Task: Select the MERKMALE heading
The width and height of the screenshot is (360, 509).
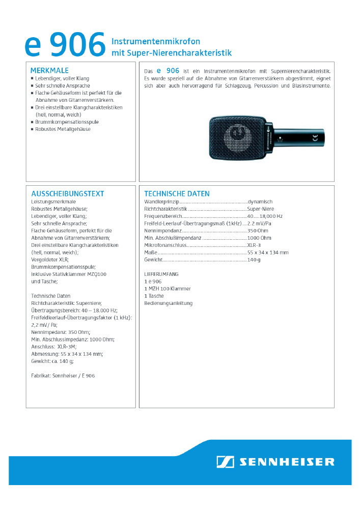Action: [49, 70]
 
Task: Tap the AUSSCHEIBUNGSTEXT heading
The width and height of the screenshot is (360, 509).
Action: [67, 193]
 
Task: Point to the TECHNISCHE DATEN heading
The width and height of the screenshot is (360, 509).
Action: [177, 193]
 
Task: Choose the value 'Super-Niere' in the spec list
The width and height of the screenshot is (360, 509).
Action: [260, 209]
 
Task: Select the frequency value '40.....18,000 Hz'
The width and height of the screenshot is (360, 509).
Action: [265, 216]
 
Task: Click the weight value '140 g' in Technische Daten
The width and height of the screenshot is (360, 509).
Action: [254, 260]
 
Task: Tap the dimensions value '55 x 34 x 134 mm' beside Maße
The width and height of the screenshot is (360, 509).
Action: [267, 252]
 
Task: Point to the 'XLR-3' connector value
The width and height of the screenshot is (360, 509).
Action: [254, 245]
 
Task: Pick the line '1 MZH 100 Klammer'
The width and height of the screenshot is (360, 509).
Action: [168, 289]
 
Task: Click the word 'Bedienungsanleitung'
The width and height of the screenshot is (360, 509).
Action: [168, 303]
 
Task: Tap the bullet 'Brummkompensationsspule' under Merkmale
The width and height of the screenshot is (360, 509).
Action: [67, 122]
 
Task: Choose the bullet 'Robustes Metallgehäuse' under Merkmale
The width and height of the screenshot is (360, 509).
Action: [63, 129]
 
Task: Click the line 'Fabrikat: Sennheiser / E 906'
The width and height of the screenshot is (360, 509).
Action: [63, 376]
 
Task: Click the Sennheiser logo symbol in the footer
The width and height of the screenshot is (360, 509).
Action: [225, 462]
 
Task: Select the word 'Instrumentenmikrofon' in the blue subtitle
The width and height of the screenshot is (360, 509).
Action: [156, 41]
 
